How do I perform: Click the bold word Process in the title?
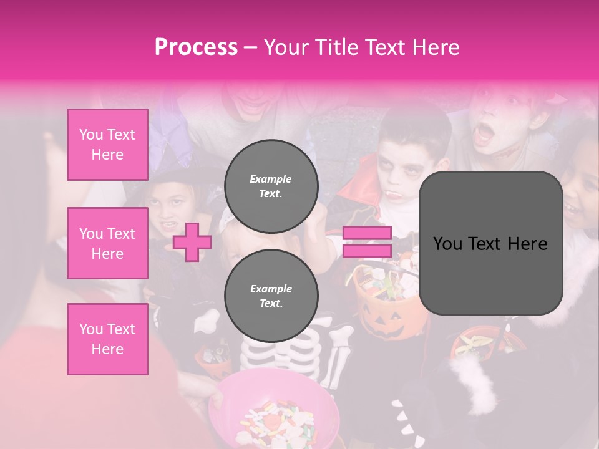tap(196, 47)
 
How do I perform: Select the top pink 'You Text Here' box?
tap(107, 145)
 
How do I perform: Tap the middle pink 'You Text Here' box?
tap(107, 243)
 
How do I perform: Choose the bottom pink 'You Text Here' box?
tap(107, 339)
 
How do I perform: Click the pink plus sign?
tap(192, 242)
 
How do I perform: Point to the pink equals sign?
tap(367, 242)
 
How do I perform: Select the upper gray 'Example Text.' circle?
tap(271, 186)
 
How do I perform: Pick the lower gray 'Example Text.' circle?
tap(271, 296)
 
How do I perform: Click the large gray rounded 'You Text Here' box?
tap(490, 243)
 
